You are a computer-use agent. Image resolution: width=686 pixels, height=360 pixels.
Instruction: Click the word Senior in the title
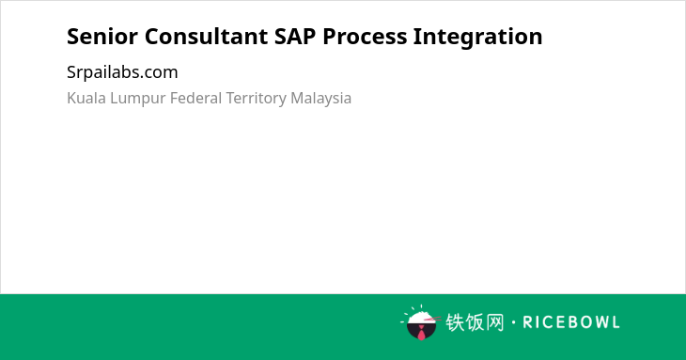(x=101, y=37)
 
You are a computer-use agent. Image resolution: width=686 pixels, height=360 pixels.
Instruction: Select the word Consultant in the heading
(x=206, y=37)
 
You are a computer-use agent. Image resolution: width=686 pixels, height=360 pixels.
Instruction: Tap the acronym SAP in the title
(x=295, y=37)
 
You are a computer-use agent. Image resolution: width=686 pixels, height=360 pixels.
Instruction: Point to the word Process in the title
(x=365, y=37)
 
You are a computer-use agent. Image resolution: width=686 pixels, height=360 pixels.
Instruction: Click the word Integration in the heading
(x=477, y=37)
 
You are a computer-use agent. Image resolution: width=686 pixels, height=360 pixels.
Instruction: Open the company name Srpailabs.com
(x=122, y=72)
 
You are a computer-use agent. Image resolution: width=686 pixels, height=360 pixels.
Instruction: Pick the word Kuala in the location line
(x=86, y=98)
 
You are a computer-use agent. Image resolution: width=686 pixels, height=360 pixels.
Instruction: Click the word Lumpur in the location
(x=138, y=99)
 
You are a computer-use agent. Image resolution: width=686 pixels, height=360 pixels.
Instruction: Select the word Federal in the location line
(x=195, y=98)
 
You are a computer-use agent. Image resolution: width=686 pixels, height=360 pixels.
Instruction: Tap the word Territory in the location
(x=256, y=99)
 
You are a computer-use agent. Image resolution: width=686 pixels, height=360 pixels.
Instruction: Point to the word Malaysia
(x=320, y=99)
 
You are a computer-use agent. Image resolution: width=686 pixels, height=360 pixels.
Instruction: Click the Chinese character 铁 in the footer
(x=455, y=322)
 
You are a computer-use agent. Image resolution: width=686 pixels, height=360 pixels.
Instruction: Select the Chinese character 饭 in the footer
(x=476, y=322)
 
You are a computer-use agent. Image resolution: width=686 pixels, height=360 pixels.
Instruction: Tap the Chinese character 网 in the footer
(x=495, y=322)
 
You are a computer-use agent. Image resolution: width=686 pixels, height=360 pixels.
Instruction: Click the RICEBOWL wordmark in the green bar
(x=571, y=322)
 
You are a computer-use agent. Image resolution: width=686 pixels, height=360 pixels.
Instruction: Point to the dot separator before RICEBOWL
(x=514, y=322)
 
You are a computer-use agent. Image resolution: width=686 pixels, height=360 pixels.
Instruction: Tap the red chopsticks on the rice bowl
(x=432, y=319)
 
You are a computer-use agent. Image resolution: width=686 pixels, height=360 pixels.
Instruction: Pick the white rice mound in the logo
(x=421, y=317)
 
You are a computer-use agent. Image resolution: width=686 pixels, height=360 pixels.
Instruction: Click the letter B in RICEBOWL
(x=569, y=322)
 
